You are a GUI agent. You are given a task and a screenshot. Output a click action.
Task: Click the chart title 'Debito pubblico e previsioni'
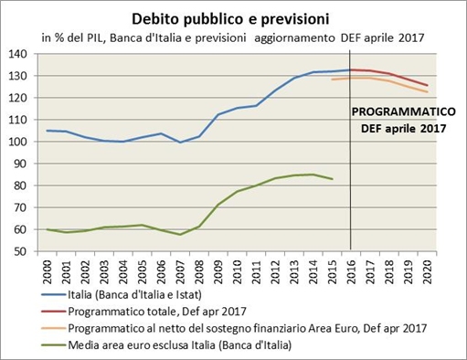tap(233, 17)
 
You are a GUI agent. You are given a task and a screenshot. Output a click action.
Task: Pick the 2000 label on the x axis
tap(48, 271)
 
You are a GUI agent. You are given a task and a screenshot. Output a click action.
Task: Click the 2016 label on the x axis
tap(352, 271)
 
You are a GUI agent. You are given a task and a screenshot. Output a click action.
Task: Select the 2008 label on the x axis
tap(199, 271)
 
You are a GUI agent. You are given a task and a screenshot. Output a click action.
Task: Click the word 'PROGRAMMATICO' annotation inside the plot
tap(402, 112)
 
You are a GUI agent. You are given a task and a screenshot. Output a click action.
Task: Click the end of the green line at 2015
tap(332, 179)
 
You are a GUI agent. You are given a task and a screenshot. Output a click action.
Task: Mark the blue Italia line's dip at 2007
tap(180, 143)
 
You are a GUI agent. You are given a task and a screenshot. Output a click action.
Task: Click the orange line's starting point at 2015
tap(332, 79)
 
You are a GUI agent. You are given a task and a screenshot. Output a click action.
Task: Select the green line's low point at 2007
tap(180, 235)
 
